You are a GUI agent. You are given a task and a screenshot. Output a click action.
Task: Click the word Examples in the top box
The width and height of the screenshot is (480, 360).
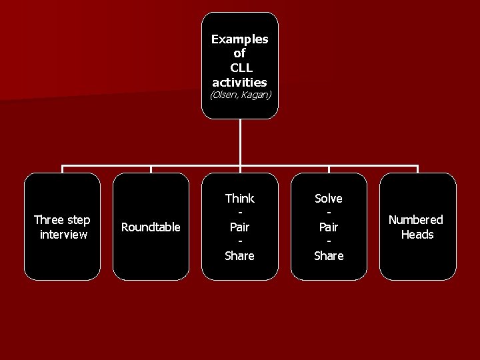point(240,39)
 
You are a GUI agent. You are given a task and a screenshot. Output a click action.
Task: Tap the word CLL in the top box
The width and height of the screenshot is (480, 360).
point(240,67)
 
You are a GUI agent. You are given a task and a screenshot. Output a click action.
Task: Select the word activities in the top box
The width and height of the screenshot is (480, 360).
point(240,82)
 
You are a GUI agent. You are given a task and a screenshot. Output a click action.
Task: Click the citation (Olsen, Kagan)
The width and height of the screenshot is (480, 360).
point(240,95)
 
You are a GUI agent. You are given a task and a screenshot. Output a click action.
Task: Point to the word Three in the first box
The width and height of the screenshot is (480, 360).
point(48,220)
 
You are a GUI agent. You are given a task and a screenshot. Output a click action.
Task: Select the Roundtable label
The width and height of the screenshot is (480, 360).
point(151,227)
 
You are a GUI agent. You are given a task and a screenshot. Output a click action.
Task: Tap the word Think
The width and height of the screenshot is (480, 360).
point(240,198)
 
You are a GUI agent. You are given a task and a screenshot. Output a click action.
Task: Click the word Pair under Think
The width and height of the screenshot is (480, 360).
point(240,227)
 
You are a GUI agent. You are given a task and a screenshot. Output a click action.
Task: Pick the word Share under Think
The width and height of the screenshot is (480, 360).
point(240,255)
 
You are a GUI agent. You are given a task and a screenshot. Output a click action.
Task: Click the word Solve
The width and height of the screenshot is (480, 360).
point(329,198)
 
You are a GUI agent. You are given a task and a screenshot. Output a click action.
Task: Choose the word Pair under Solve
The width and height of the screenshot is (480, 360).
point(329,227)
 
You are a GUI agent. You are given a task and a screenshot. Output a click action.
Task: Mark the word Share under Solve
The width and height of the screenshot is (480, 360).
point(329,255)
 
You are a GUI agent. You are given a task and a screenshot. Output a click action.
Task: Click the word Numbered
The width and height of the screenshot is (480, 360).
point(416,220)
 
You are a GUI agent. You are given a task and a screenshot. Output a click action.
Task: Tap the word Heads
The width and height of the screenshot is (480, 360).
point(417,234)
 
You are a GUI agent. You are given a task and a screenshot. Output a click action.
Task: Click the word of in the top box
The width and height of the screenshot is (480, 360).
point(240,53)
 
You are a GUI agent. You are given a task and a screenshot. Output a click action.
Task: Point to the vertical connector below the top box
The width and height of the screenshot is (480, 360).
point(240,143)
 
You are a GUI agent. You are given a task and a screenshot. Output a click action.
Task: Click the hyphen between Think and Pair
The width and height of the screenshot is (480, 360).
point(240,213)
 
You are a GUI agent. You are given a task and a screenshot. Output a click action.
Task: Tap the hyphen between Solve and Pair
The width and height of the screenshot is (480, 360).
point(329,213)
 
